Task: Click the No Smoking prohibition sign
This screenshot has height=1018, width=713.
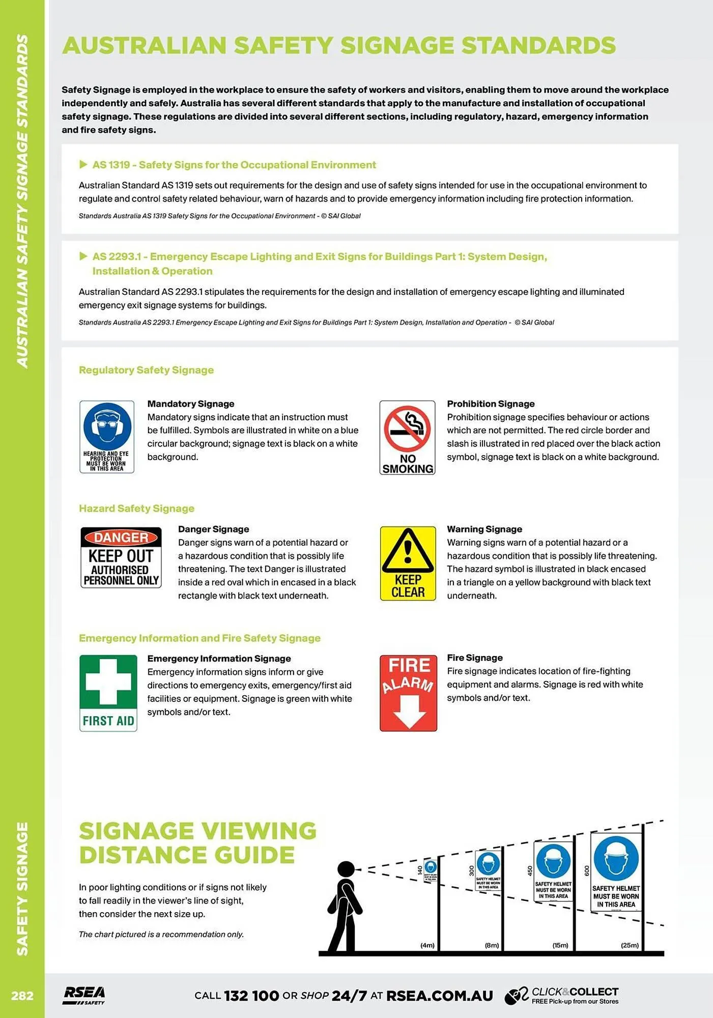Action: tap(407, 437)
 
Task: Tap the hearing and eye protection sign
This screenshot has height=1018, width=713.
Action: tap(107, 437)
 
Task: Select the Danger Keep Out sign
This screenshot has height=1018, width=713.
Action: tap(121, 557)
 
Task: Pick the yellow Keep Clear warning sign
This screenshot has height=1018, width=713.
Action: tap(408, 563)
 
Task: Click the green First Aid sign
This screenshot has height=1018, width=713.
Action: tap(108, 693)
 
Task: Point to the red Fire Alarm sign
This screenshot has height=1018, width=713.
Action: tap(408, 693)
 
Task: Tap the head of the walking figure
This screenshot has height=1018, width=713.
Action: tap(346, 869)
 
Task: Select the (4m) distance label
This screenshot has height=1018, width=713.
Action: tap(427, 945)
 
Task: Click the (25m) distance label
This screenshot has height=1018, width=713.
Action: tap(630, 945)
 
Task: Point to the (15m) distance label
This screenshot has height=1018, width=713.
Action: tap(560, 945)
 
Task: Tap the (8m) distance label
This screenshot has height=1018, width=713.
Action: tap(492, 945)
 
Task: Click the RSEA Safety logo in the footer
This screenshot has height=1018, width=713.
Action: tap(84, 995)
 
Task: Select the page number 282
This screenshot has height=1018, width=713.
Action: tap(22, 996)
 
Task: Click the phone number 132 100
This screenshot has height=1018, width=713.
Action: tap(251, 996)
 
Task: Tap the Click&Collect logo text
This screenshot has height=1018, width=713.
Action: tap(575, 992)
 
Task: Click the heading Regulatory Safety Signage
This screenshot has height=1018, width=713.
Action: tap(146, 370)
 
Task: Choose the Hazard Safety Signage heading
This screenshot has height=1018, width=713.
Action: tap(136, 508)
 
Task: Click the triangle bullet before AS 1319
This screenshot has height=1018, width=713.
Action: tap(83, 164)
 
